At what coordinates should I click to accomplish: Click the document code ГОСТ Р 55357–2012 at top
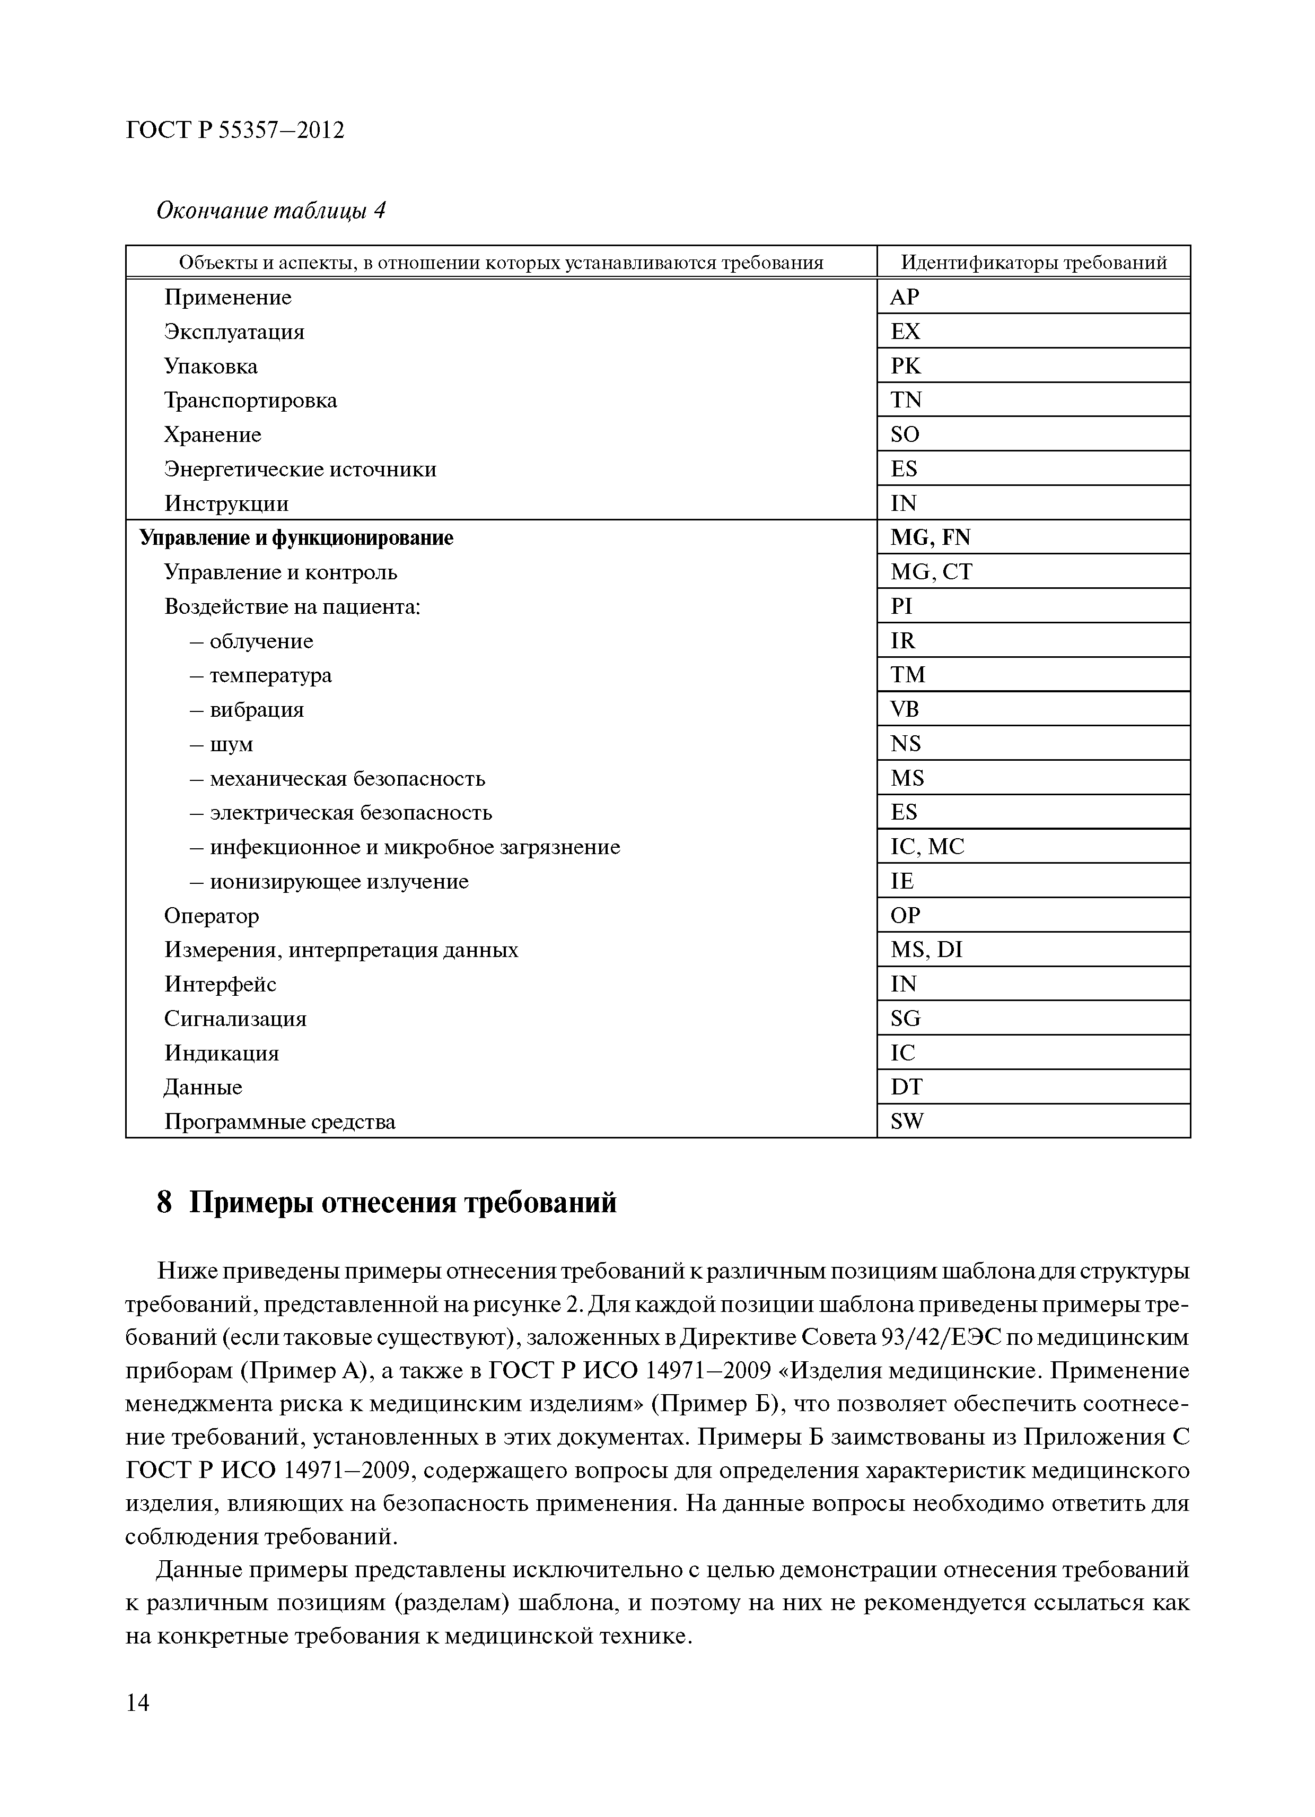(235, 130)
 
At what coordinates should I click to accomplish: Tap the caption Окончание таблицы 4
(270, 211)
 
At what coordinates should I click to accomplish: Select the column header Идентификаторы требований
(1033, 262)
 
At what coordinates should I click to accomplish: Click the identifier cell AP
(905, 297)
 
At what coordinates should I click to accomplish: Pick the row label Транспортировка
(251, 401)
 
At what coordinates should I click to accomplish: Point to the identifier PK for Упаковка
(906, 366)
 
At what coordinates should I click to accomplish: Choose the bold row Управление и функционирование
(296, 537)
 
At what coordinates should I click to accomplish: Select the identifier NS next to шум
(906, 744)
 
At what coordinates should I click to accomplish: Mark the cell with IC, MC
(927, 847)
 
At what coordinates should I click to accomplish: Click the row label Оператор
(212, 916)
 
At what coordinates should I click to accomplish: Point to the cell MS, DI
(926, 950)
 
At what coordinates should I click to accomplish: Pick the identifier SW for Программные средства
(907, 1122)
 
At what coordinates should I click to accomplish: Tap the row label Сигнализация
(235, 1019)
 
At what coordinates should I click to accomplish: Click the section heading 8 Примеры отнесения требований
(387, 1203)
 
